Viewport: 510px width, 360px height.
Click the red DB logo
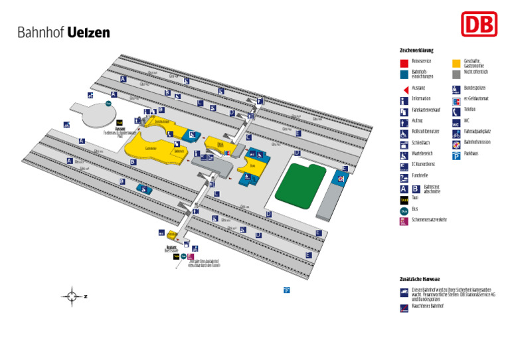tap(479, 25)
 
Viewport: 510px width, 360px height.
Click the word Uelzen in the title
tap(89, 33)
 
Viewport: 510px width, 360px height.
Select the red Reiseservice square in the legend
tap(404, 63)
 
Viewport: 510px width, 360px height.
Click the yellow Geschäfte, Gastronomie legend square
tap(456, 63)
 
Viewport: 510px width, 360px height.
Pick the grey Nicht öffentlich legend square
tap(456, 74)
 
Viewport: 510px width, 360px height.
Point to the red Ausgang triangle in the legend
tap(404, 88)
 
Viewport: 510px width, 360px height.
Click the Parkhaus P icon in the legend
tap(456, 156)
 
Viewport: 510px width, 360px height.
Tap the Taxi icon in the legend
tap(404, 199)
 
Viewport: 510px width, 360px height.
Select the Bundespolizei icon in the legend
tap(456, 88)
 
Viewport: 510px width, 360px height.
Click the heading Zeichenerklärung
tap(416, 50)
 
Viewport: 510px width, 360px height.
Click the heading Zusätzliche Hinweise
tap(420, 279)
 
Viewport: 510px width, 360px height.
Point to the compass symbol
tap(72, 296)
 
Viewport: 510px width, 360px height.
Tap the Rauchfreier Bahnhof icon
tap(404, 308)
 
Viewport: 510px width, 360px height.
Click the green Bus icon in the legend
tap(404, 210)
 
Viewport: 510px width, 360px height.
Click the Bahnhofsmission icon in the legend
tap(456, 144)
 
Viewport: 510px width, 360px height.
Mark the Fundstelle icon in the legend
tap(404, 177)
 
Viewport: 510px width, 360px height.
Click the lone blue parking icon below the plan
tap(286, 290)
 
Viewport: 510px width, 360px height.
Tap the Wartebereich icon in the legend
tap(404, 155)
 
